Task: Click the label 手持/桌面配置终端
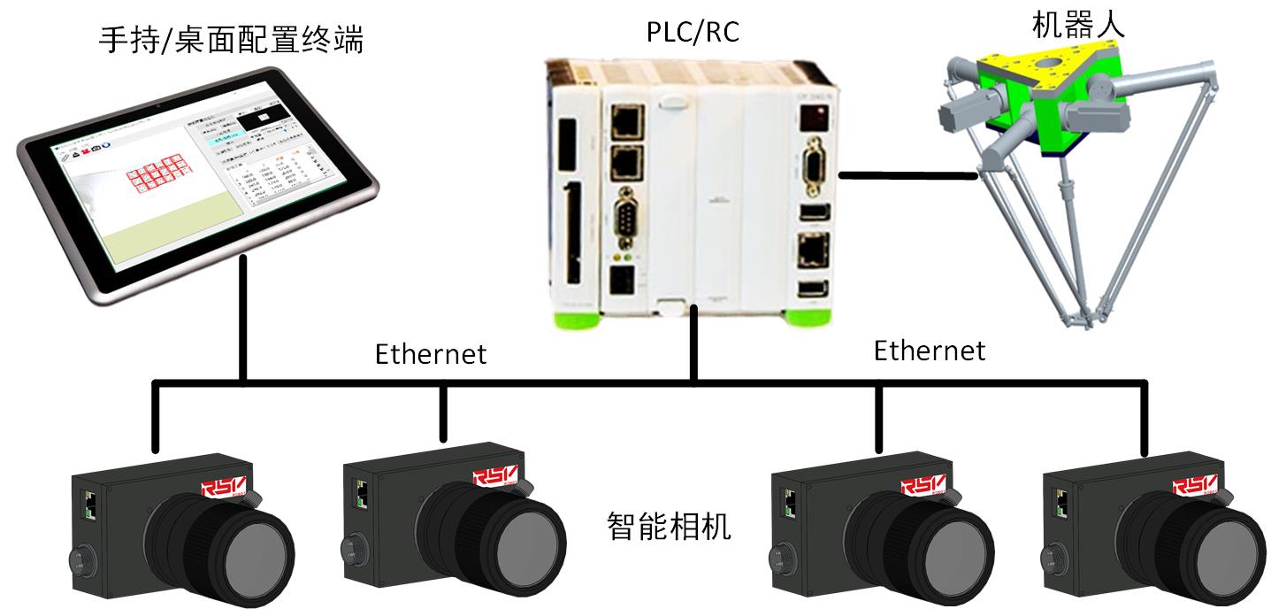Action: click(x=231, y=40)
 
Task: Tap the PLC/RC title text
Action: click(x=693, y=33)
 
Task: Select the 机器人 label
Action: click(x=1077, y=25)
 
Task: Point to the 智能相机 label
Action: click(x=669, y=526)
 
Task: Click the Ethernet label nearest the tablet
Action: click(x=431, y=354)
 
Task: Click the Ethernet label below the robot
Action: click(x=929, y=351)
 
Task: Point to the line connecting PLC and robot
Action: click(x=907, y=176)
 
